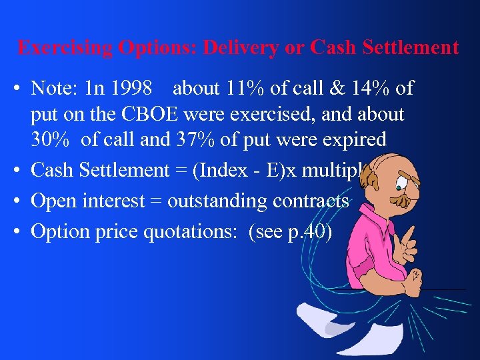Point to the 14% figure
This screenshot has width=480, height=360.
pos(369,87)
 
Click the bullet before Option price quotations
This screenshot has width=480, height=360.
pos(17,231)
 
